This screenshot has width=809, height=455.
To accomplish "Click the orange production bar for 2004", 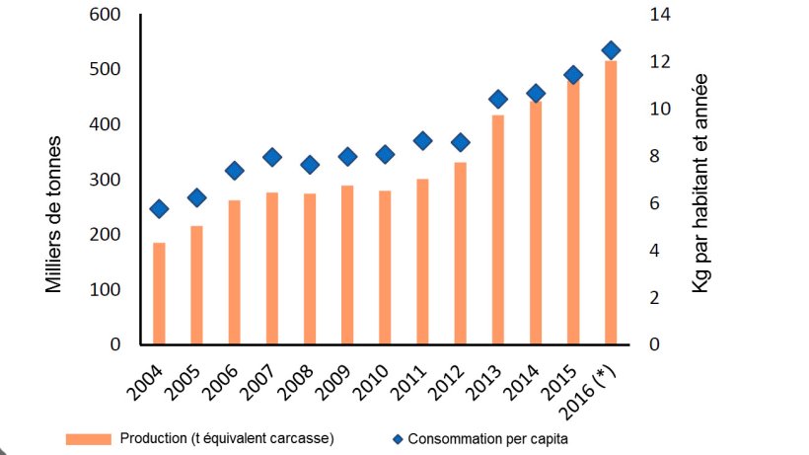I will [159, 293].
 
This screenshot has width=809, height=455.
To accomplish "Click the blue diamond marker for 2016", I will [611, 50].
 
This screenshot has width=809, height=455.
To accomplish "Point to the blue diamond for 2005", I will [196, 197].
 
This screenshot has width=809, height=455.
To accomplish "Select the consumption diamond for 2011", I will [422, 141].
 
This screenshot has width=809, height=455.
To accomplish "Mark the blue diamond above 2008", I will [310, 165].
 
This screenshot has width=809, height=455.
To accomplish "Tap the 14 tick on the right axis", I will [658, 15].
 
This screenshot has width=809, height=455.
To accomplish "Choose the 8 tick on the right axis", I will [658, 156].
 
